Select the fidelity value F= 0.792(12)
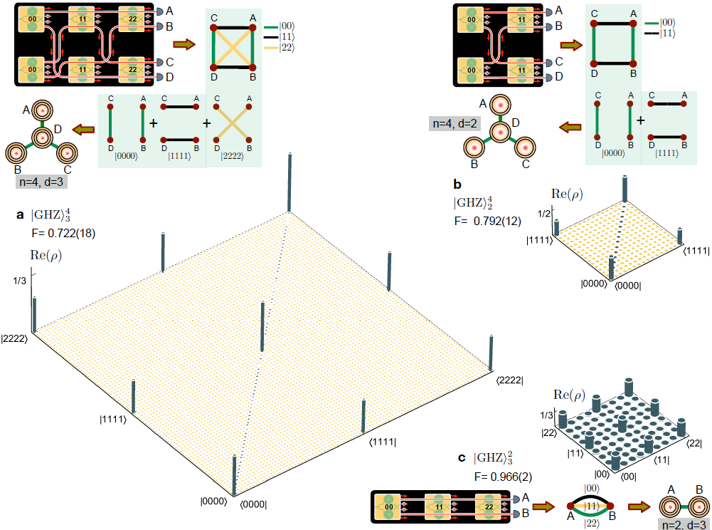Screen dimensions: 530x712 point(487,221)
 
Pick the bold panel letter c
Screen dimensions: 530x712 point(462,458)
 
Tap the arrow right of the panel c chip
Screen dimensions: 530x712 point(544,506)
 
